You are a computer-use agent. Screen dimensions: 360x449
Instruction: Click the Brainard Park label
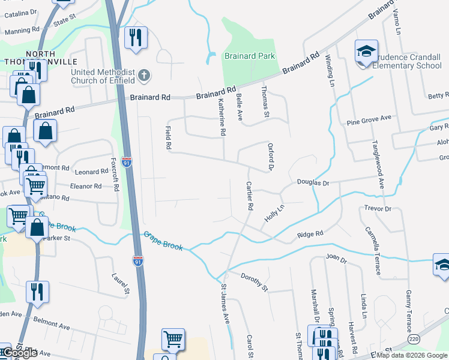coord(250,56)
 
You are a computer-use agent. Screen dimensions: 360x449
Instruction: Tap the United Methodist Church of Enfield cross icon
coord(143,76)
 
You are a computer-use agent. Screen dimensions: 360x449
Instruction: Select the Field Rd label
coord(169,137)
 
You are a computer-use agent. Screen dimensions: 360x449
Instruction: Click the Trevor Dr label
coord(378,209)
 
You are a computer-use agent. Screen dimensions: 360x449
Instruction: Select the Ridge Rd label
coord(310,233)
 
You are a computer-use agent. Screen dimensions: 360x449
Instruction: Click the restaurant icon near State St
coord(135,38)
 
